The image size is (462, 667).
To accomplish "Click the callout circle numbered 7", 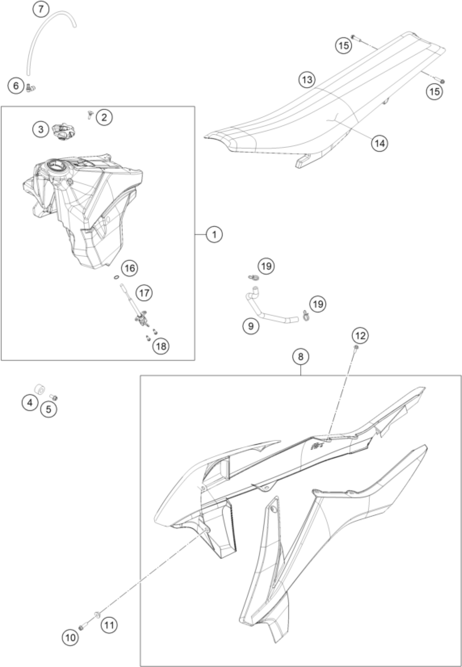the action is click(41, 9).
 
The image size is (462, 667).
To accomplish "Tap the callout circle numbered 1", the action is click(214, 234).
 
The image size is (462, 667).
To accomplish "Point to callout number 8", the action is click(301, 357).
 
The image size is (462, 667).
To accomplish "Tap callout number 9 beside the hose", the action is click(251, 326).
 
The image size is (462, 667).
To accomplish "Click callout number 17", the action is click(144, 293).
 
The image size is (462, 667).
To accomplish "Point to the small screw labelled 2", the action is click(89, 116).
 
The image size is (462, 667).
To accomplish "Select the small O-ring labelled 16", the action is click(116, 277).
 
